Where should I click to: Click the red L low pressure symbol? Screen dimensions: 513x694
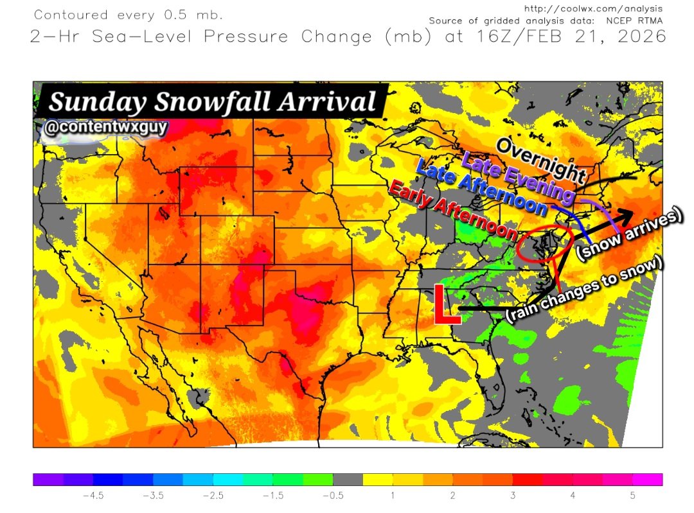click(445, 305)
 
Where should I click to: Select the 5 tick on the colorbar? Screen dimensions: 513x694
click(633, 495)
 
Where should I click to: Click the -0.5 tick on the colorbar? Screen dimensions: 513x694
click(333, 495)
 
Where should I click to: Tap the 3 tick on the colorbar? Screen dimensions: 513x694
click(513, 495)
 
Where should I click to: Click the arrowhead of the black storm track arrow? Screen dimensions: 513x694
click(626, 214)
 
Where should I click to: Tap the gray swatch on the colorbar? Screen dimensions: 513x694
click(348, 480)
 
